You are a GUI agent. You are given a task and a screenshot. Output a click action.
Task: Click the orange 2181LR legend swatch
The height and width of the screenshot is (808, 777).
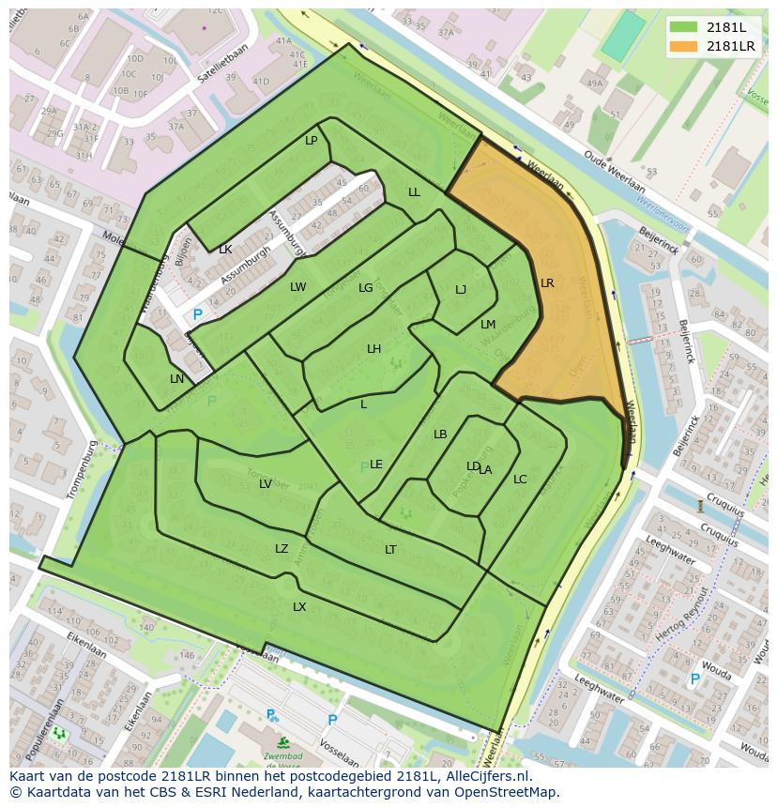[x=684, y=45]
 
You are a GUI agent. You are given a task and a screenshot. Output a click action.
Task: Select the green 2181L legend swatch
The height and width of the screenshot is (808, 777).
[x=684, y=26]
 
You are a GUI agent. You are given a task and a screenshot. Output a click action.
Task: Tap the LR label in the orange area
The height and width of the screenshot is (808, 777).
[x=547, y=282]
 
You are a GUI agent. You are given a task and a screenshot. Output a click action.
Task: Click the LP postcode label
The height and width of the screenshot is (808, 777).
[x=311, y=141]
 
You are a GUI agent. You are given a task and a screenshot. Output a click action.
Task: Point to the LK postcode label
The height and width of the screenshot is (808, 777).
[x=225, y=250]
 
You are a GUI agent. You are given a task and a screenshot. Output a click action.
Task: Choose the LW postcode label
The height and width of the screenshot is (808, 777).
[x=297, y=287]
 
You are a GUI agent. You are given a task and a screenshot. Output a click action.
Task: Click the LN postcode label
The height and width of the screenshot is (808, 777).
[x=177, y=379]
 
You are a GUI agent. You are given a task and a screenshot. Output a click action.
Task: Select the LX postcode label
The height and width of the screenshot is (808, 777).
[x=299, y=607]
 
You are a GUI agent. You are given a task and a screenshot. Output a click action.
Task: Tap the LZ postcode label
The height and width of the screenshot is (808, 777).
[x=282, y=549]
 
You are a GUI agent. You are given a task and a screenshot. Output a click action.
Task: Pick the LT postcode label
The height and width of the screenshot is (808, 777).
[x=390, y=550]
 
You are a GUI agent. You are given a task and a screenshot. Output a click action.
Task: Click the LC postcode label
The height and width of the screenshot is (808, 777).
[x=520, y=480]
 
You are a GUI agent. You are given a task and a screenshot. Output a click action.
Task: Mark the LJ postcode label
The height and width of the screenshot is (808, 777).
[x=461, y=290]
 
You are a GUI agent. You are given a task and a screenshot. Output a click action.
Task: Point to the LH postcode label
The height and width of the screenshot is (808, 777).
[x=373, y=349]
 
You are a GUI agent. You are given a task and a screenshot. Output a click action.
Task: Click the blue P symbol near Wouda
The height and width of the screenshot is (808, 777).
[x=694, y=679]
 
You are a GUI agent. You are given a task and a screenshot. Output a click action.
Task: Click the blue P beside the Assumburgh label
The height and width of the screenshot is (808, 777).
[x=197, y=314]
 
